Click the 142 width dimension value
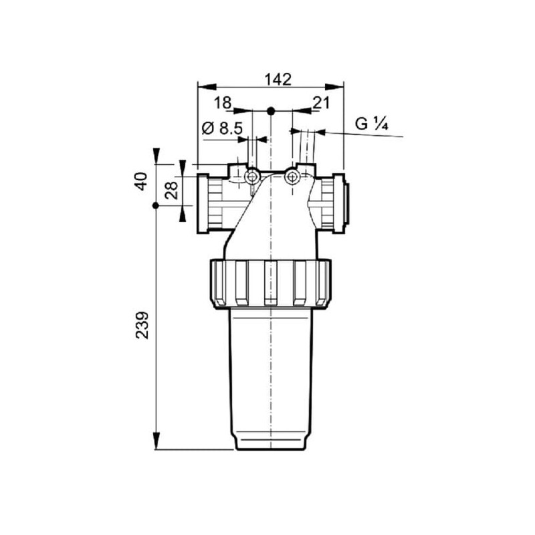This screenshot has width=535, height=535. (x=278, y=80)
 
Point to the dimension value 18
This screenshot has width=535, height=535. (x=223, y=103)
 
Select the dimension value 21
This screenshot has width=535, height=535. (x=322, y=103)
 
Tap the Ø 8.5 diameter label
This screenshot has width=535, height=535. (x=222, y=128)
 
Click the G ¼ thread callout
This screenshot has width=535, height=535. (x=372, y=124)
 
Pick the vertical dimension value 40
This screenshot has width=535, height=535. (x=141, y=181)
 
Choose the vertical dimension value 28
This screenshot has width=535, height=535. (x=171, y=190)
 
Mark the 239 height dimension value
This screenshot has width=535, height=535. (x=142, y=325)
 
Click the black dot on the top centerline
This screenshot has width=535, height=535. (x=271, y=111)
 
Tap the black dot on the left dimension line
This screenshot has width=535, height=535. (x=156, y=206)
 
